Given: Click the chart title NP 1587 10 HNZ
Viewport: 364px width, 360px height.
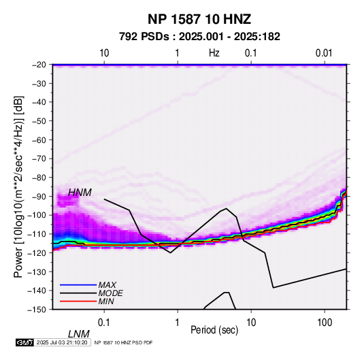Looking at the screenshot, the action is (x=199, y=19).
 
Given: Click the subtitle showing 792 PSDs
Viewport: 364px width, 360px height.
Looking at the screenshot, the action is (x=199, y=37).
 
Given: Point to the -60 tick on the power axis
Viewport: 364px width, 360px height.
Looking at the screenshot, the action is (x=39, y=140).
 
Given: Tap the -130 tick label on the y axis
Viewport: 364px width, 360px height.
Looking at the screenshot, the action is (x=37, y=272).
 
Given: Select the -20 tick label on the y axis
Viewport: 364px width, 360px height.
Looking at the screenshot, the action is (x=39, y=65).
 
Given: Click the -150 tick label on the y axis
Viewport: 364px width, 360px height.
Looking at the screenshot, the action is (x=37, y=310).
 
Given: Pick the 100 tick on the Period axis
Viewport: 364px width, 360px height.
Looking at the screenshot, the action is (x=325, y=323).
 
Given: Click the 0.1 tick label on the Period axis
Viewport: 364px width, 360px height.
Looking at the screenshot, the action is (x=104, y=323).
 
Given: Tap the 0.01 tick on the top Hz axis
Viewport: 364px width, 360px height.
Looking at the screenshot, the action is (x=324, y=53).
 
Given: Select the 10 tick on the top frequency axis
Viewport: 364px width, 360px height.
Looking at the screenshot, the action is (x=104, y=53).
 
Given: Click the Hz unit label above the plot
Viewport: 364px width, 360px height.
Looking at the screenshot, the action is (x=214, y=53).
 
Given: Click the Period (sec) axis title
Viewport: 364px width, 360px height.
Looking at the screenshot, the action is (x=214, y=330).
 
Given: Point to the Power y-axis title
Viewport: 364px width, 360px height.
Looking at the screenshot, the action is (x=18, y=186).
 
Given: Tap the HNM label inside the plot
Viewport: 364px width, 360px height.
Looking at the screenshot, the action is (x=80, y=193).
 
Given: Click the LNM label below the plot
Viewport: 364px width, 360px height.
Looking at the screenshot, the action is (x=79, y=334).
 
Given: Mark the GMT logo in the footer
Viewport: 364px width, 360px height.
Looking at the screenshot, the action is (x=24, y=342).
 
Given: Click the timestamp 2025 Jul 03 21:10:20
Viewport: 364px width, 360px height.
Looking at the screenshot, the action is (x=62, y=342).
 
